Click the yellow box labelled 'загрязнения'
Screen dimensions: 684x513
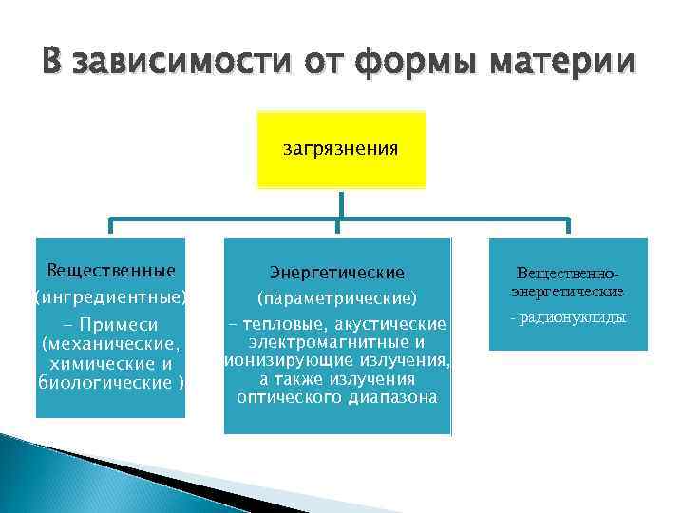point(341,149)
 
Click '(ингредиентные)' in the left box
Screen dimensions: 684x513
point(111,297)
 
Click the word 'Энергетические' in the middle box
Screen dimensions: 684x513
point(337,273)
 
